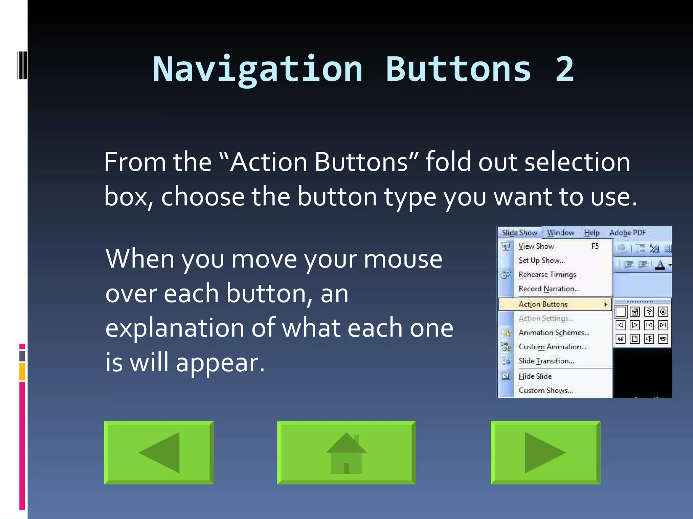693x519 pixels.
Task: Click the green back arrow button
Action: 159,452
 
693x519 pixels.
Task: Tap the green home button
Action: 346,452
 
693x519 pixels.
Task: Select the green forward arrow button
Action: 545,452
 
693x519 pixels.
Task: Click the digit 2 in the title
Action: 564,70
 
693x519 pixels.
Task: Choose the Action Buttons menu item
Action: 543,304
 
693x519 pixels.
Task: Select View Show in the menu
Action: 536,246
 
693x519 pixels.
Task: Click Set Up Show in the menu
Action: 541,261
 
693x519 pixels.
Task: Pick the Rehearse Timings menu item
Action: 547,275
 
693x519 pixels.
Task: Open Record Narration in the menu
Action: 549,289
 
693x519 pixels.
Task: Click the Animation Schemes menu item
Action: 554,332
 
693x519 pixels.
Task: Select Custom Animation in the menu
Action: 552,347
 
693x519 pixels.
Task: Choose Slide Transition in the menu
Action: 546,361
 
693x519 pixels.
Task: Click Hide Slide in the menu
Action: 535,376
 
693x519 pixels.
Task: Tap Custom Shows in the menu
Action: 545,391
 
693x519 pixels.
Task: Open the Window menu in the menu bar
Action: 560,233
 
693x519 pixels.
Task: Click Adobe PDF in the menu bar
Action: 627,233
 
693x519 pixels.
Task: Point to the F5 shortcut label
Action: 595,246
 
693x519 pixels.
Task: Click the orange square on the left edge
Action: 22,371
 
